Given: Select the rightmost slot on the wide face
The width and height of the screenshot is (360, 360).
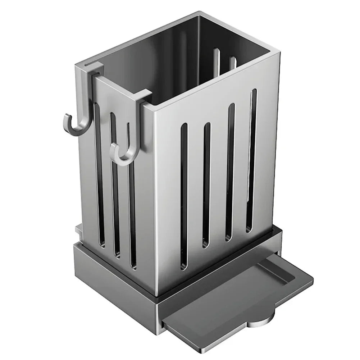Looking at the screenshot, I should [252, 158].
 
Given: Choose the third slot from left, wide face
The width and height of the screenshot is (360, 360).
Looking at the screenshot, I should [230, 171].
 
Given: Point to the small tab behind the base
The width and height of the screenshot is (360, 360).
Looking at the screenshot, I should [77, 230].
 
